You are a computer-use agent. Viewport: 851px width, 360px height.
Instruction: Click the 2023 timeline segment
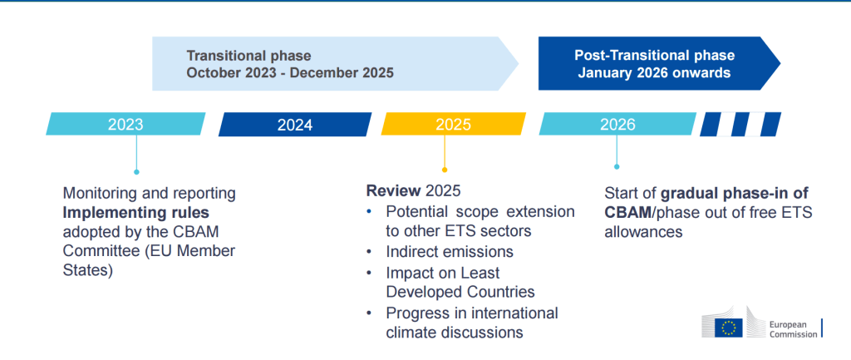pos(125,125)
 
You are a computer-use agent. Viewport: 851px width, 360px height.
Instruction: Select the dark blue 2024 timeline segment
pos(295,125)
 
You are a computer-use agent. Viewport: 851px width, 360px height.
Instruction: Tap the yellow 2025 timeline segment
pos(453,125)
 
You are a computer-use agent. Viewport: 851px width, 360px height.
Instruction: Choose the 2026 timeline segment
pos(617,125)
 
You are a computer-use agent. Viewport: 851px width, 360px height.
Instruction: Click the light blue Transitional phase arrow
pos(332,64)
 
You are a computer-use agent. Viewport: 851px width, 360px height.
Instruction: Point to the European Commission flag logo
pos(730,328)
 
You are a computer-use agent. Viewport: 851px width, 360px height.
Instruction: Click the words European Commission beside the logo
pos(790,328)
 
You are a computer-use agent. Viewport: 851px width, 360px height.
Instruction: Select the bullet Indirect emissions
pos(449,251)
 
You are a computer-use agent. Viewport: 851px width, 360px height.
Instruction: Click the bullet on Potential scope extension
pos(480,221)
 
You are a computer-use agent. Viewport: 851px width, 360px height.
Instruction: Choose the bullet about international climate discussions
pos(471,323)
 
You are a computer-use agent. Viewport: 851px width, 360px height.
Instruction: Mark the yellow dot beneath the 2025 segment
pos(445,170)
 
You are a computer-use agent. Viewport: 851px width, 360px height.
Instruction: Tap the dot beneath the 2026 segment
pos(617,166)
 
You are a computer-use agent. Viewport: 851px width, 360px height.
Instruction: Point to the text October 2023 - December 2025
pos(289,73)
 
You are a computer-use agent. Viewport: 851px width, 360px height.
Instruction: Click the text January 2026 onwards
pos(655,73)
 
